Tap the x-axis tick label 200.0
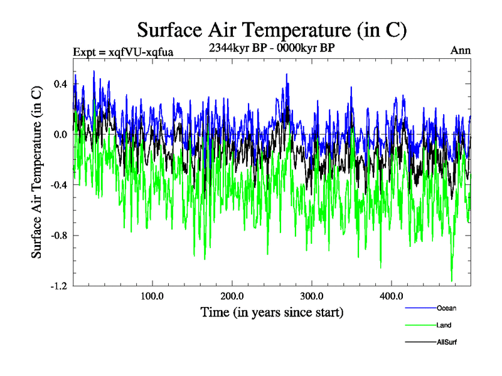pos(232,296)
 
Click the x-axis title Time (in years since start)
pos(272,311)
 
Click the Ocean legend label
pos(446,308)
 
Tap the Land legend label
pos(444,325)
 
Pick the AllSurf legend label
pos(446,342)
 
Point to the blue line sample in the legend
pos(419,308)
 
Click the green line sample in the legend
pos(419,325)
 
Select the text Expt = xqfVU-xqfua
pos(123,52)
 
